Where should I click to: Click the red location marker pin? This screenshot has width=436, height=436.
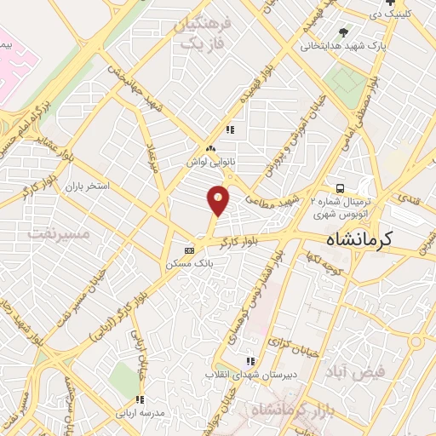[218, 200]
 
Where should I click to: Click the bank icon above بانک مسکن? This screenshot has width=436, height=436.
[189, 250]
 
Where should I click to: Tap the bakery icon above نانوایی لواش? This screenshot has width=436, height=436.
[209, 147]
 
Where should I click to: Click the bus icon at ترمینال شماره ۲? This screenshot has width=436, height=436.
[340, 188]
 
